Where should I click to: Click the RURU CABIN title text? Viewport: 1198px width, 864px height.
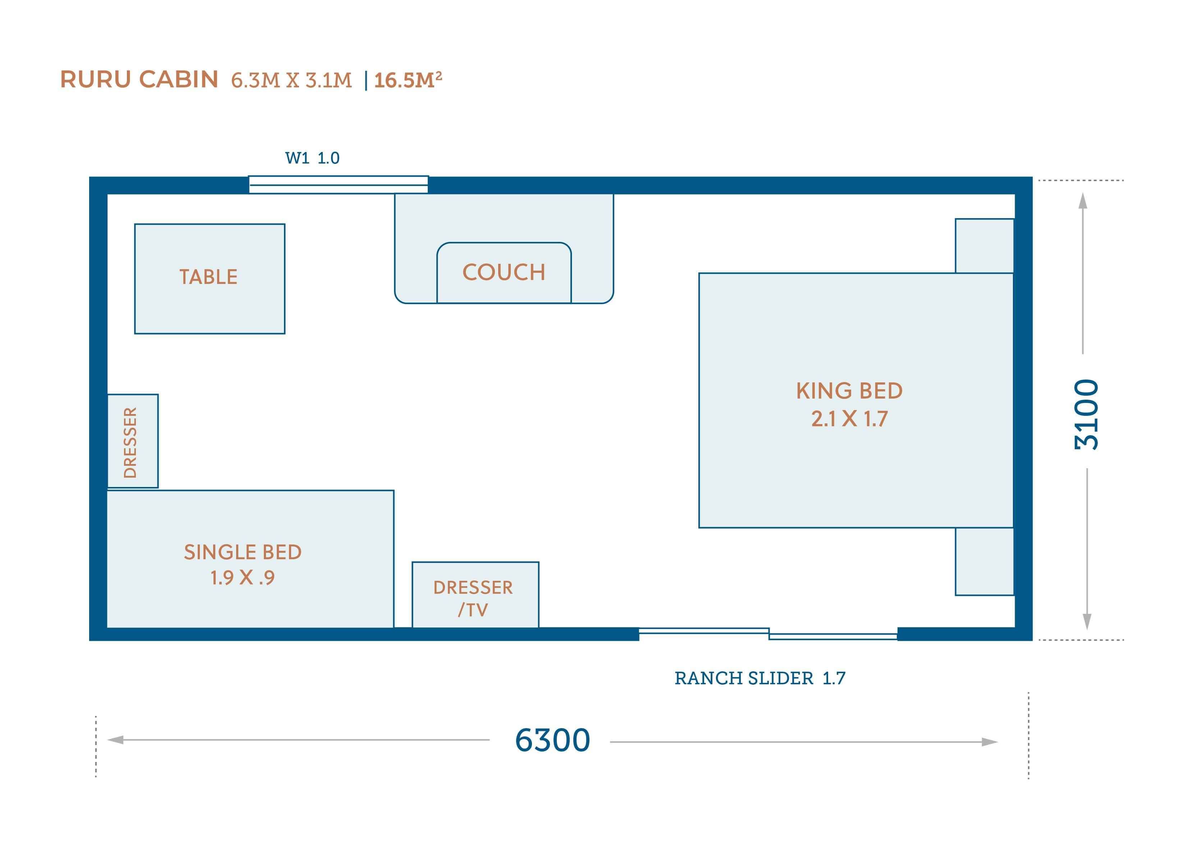tap(139, 80)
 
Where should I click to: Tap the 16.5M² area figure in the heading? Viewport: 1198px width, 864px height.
tap(408, 80)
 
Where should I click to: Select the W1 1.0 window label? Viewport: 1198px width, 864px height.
tap(312, 158)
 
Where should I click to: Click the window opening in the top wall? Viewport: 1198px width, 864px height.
tap(339, 185)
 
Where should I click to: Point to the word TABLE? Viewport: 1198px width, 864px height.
tap(208, 277)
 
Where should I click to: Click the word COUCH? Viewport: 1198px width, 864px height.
tap(504, 272)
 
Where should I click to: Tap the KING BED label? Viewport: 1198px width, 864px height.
tap(849, 391)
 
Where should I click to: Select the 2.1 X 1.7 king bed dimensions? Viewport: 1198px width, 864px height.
tap(849, 419)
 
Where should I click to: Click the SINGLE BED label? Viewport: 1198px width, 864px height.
tap(243, 552)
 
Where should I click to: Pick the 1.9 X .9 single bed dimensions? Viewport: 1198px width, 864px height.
tap(243, 578)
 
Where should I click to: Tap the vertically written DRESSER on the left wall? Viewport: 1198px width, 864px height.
tap(130, 442)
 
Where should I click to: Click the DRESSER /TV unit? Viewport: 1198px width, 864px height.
tap(476, 595)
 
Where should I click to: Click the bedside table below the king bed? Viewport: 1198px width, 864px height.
tap(984, 561)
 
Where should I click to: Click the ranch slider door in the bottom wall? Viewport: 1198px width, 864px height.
tap(768, 634)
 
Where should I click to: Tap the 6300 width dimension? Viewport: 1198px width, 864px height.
tap(552, 740)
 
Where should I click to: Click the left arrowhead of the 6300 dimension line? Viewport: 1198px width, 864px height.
tap(115, 740)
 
